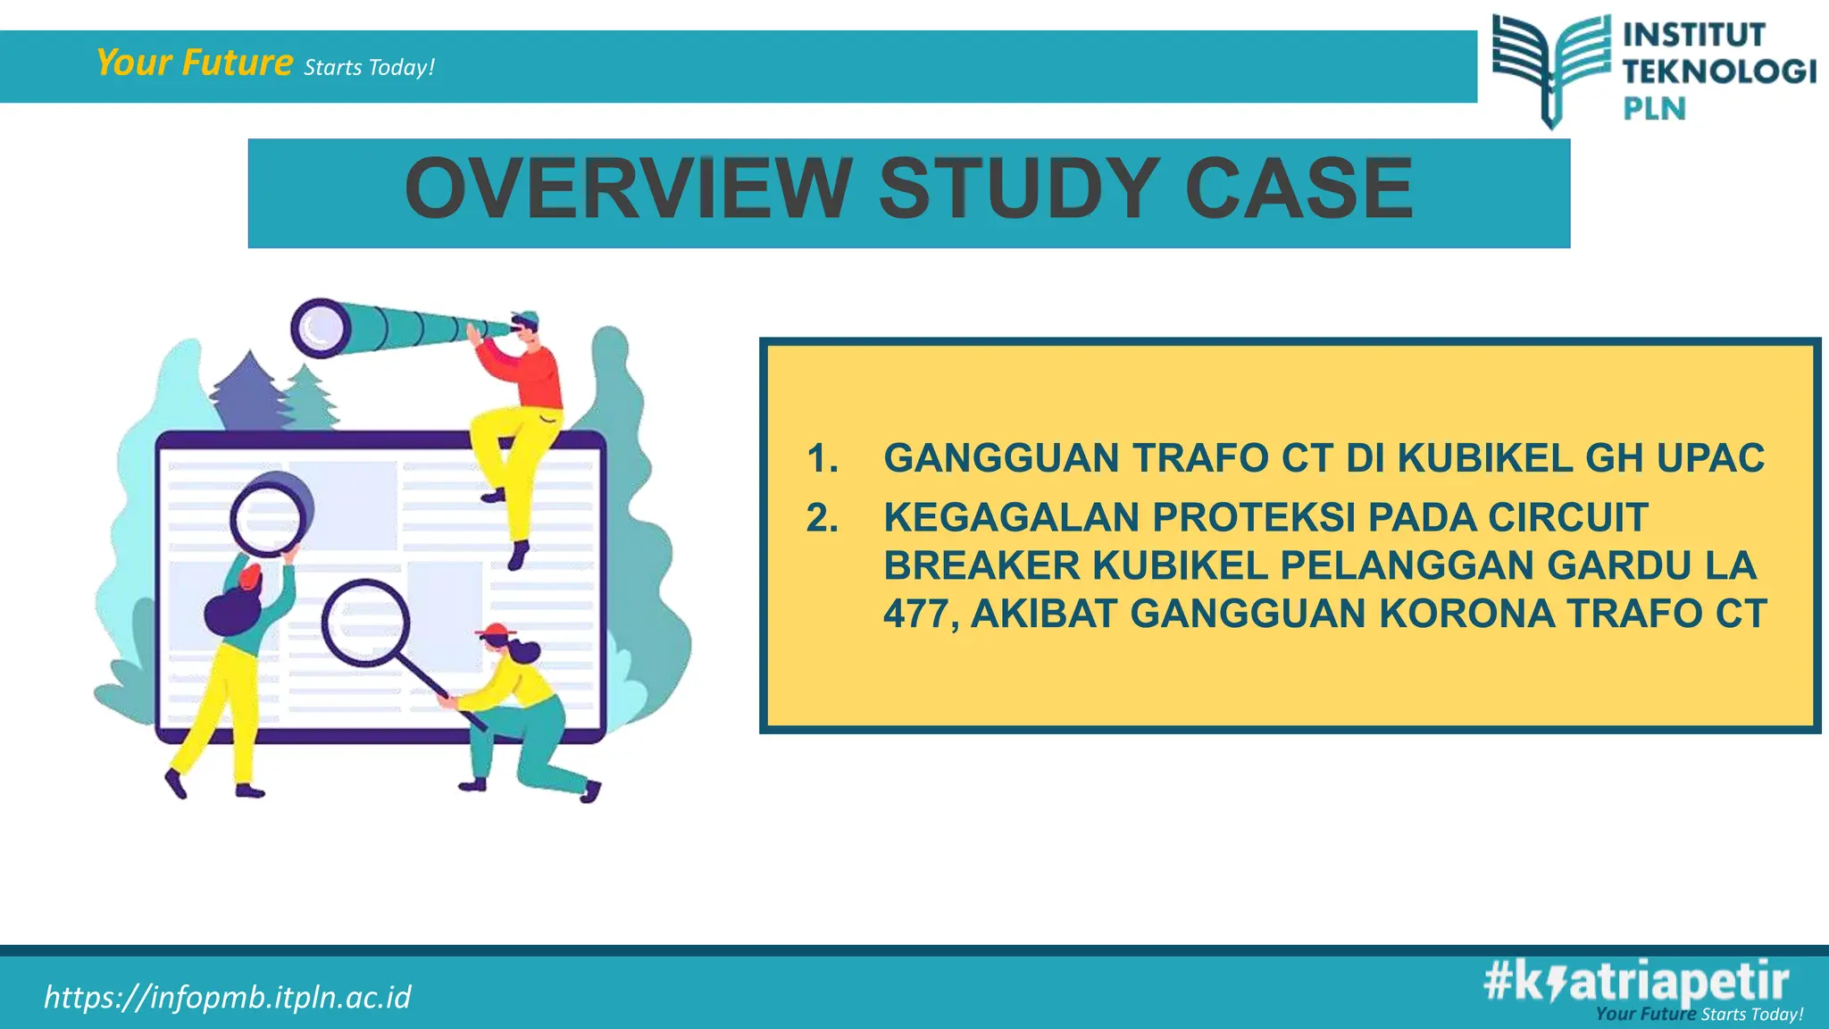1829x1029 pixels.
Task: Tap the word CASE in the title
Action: [1299, 188]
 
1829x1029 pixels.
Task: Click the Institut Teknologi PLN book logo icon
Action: [1553, 68]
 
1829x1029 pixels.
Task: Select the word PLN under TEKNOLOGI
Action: [1654, 109]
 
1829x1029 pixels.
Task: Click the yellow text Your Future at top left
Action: [194, 63]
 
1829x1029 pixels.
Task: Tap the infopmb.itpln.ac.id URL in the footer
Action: [228, 997]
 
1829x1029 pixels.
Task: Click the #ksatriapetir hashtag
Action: [1636, 981]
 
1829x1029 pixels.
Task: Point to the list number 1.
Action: [822, 458]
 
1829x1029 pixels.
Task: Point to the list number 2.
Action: [822, 518]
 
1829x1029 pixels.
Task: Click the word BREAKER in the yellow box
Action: [981, 566]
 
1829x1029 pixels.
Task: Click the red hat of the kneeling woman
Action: [497, 632]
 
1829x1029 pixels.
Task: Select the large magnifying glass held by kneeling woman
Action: [366, 623]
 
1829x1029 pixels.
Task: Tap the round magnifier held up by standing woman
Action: [269, 517]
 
